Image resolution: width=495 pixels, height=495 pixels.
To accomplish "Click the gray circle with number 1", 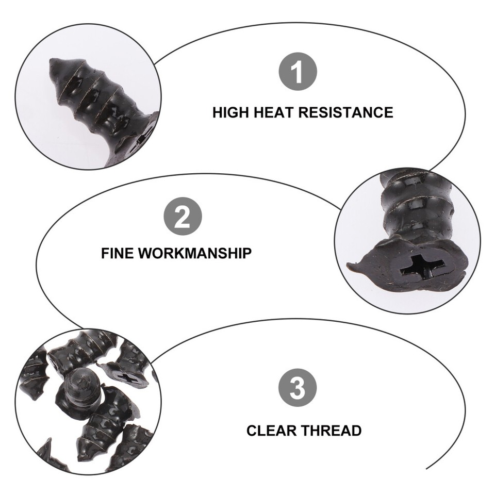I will [x=298, y=72].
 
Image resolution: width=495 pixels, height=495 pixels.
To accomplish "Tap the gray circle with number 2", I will [x=183, y=217].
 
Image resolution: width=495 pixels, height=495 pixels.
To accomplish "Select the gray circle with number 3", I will [x=298, y=388].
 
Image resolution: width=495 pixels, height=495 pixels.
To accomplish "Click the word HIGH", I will [x=231, y=112].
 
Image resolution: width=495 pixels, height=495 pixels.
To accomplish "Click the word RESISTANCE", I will [x=346, y=112].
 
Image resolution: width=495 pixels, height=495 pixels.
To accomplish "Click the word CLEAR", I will [x=271, y=431].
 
